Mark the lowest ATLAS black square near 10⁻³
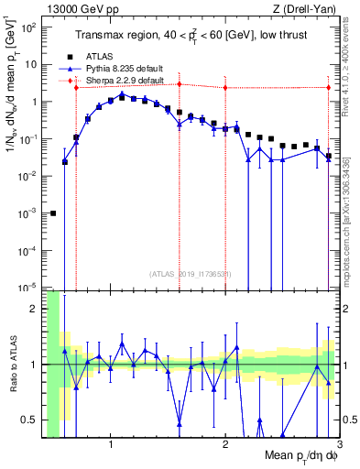pyautogui.click(x=53, y=213)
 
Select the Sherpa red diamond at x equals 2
pyautogui.click(x=225, y=87)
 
